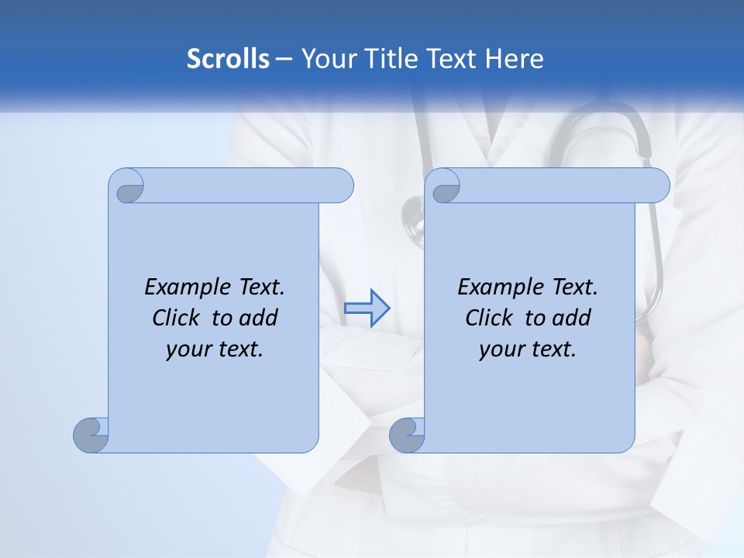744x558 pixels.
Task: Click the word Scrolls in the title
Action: (228, 59)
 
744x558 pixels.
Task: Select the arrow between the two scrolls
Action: (367, 308)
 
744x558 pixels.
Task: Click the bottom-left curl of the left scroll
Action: (91, 435)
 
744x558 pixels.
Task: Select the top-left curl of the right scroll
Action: (445, 187)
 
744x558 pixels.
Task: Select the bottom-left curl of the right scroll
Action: (408, 435)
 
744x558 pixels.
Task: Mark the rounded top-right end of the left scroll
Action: (341, 186)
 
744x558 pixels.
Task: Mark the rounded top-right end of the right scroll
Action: (657, 186)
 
